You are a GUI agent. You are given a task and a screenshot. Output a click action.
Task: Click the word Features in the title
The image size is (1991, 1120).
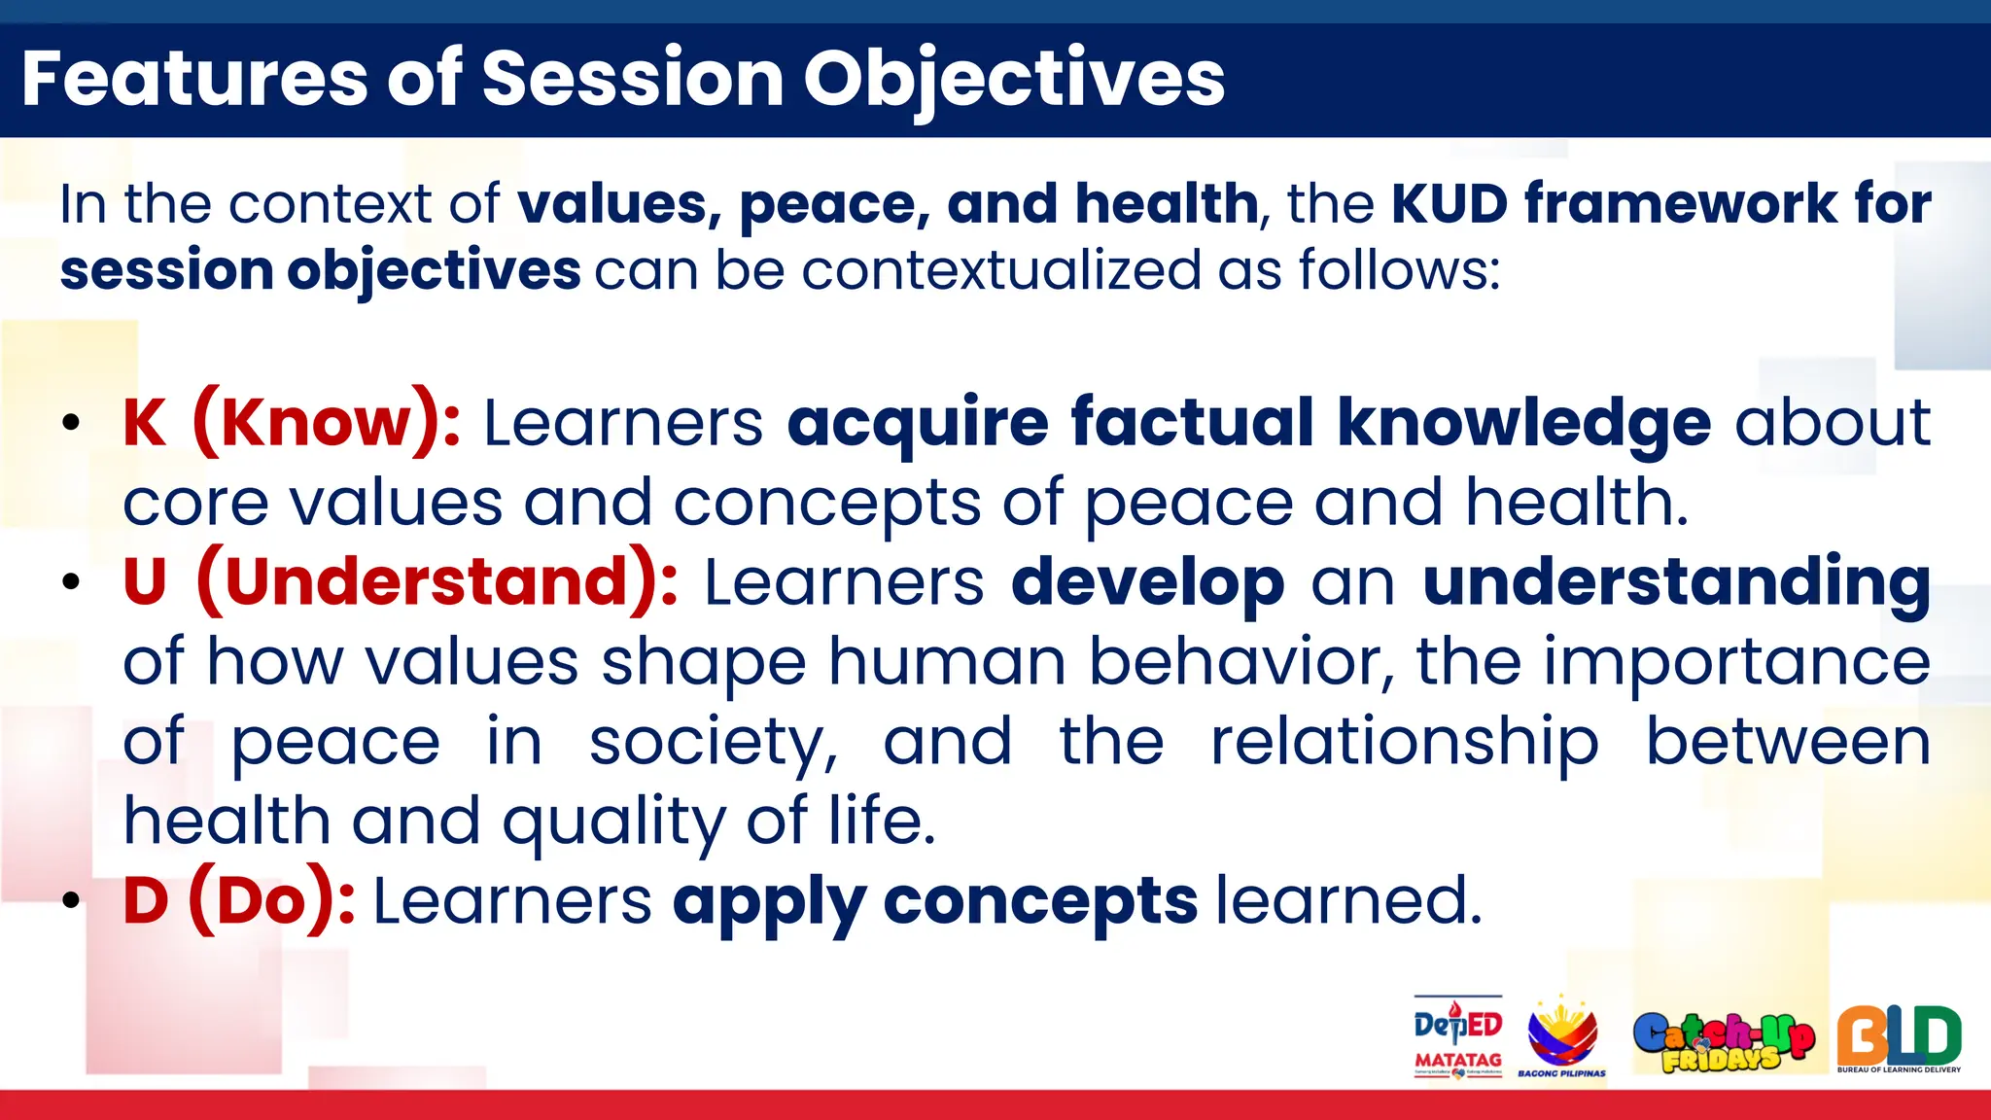(194, 79)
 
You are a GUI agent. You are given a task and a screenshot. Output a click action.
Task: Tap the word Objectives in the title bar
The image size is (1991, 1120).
(1013, 79)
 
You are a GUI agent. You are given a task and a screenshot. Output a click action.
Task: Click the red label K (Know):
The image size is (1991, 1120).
(291, 423)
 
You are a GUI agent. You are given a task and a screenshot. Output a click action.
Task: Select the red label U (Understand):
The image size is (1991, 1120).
(400, 582)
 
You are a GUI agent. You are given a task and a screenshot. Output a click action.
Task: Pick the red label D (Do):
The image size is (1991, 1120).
(238, 900)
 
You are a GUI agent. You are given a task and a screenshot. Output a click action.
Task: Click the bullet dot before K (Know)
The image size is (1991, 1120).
(70, 424)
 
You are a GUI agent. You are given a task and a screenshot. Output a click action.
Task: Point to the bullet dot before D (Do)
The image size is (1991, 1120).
(70, 901)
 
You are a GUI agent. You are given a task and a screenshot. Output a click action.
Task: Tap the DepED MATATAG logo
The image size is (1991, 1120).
(1457, 1036)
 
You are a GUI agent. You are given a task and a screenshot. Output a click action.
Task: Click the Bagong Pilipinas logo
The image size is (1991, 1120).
(1561, 1036)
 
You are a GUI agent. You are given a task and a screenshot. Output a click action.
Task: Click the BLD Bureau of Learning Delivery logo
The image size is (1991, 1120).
(1899, 1037)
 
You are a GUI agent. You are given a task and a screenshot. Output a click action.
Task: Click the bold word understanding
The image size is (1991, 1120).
(1676, 582)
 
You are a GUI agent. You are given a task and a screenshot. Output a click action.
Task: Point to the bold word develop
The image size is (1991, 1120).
(1147, 582)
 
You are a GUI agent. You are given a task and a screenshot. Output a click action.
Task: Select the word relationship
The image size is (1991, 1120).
(1404, 741)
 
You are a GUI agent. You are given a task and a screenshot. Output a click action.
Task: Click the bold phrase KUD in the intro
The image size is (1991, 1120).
(1449, 204)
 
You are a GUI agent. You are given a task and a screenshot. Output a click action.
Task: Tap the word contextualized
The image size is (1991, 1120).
(1001, 269)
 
